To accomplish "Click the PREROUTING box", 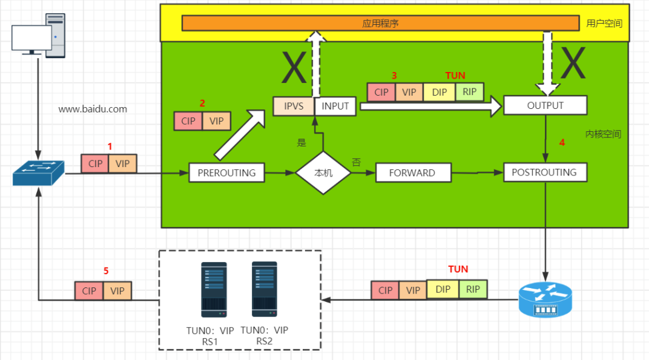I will pos(227,172).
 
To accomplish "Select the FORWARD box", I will pos(412,172).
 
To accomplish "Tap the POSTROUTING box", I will pos(544,172).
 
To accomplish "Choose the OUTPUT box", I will pos(545,105).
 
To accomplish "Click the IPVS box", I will pos(294,106).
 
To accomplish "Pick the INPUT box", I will pos(335,106).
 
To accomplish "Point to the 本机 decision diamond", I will pos(323,172).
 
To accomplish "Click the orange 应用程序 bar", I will pos(380,23).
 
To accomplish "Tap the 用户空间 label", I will pos(604,24).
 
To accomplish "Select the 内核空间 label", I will pos(603,134).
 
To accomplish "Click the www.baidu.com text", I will pos(93,110).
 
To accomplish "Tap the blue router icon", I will pos(545,299).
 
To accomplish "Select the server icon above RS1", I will pos(214,290).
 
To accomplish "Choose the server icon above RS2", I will pos(264,289).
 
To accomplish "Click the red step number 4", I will pos(562,143).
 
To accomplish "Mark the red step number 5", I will pos(106,271).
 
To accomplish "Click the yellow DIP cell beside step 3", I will pos(440,92).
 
